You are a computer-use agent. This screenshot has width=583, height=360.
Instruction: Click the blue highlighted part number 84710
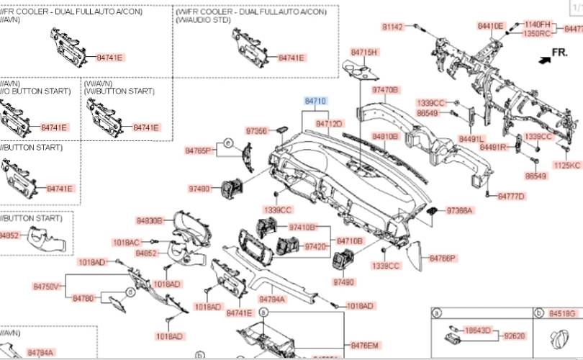click(x=315, y=102)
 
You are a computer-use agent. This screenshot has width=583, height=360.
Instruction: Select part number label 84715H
click(x=364, y=53)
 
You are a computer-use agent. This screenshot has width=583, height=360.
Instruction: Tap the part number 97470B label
click(x=385, y=90)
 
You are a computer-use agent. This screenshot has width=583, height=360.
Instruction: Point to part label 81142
click(x=393, y=27)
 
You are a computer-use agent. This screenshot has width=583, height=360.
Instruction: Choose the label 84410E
click(x=490, y=25)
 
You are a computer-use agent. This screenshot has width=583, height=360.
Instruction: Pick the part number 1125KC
click(x=566, y=165)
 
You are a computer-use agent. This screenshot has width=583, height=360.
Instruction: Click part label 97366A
click(x=459, y=211)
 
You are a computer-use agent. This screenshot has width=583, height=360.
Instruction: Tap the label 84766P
click(x=443, y=257)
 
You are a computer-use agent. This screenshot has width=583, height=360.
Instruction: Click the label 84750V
click(x=47, y=287)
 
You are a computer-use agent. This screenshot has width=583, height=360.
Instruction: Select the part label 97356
click(x=256, y=131)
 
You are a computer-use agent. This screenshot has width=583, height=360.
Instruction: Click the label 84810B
click(x=385, y=136)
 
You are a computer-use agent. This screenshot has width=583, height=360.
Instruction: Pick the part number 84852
click(x=146, y=253)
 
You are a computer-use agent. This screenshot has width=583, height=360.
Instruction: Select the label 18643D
click(x=478, y=330)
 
